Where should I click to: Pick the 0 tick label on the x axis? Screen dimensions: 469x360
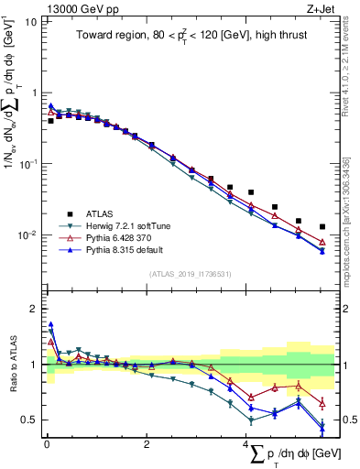click(46, 443)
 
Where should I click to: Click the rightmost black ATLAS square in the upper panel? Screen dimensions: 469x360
click(322, 226)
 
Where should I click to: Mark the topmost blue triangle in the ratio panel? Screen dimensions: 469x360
click(50, 323)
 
